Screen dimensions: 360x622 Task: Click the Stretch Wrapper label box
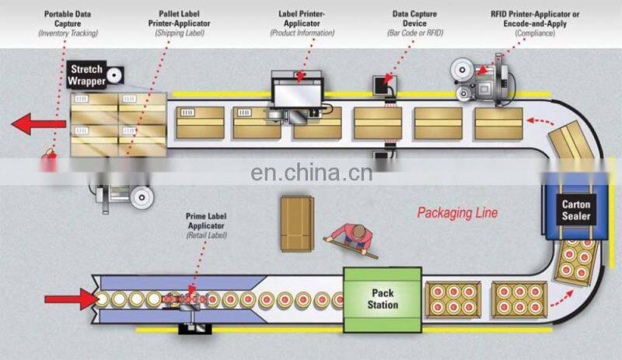pos(86,74)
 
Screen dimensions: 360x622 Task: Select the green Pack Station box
pos(381,299)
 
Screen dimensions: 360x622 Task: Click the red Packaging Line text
pos(457,212)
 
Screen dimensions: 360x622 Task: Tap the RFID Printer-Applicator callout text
pos(536,23)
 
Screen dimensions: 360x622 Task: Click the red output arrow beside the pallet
pos(35,124)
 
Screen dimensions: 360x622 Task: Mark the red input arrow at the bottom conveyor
pos(67,299)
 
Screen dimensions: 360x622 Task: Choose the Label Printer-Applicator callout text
pos(302,23)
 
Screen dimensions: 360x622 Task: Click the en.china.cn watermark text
pos(311,173)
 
